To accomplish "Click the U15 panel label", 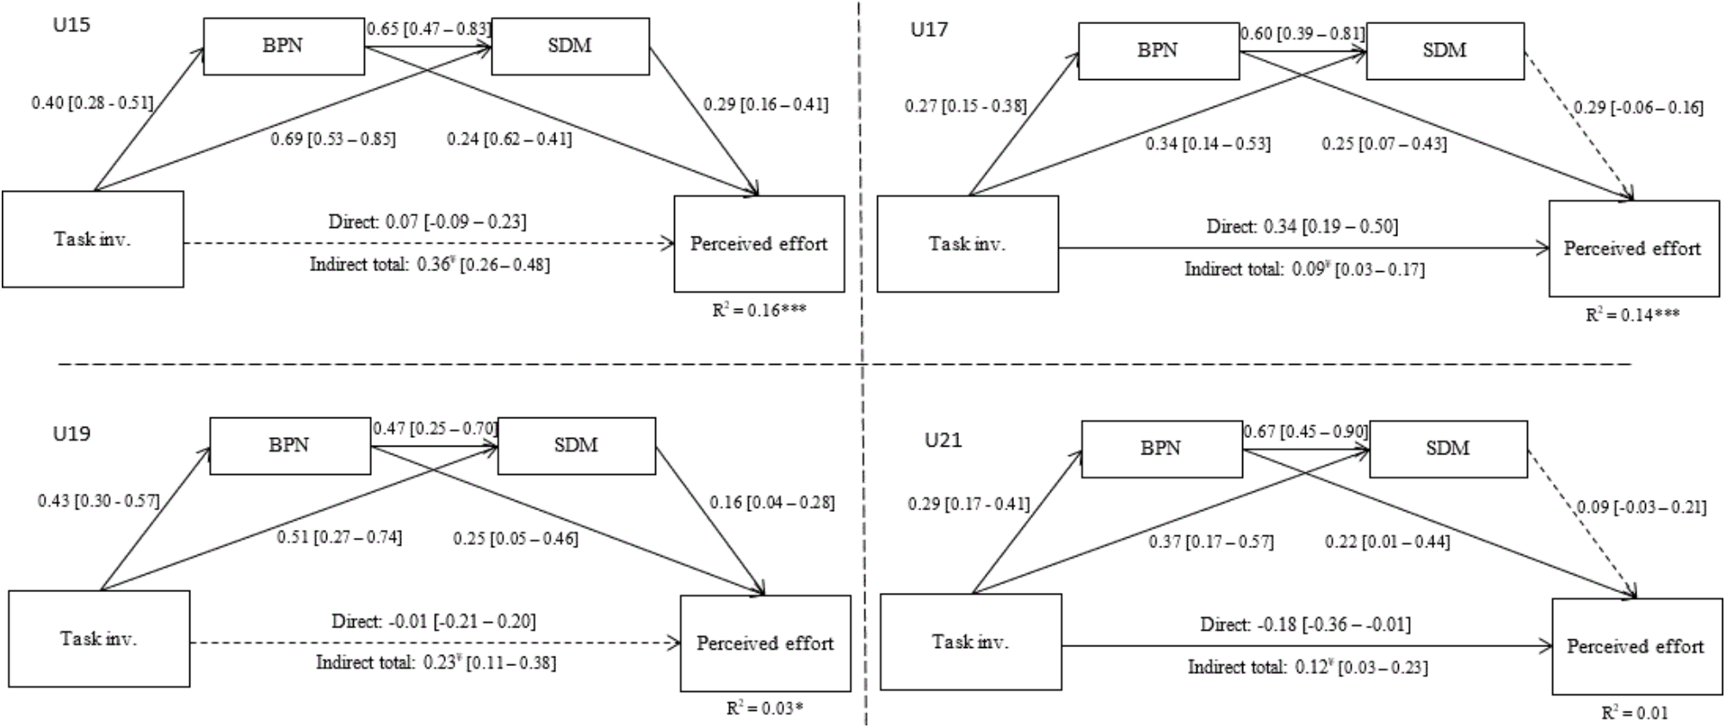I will pos(71,25).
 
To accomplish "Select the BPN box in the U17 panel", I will pos(1158,51).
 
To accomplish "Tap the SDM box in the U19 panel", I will pos(576,446).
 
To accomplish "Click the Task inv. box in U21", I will pos(970,642).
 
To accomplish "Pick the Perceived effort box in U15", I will pos(758,244).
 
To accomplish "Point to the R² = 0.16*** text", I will pos(758,310).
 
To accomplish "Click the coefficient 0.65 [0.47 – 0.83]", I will pos(429,29).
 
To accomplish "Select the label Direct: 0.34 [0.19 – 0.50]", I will pos(1302,227).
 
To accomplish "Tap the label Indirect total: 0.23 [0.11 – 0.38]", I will pos(436,663).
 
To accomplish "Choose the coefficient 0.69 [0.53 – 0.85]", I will pos(333,139).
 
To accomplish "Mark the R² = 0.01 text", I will pos(1634,713).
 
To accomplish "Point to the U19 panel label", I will pos(71,434).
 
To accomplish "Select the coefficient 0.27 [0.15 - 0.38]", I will pos(965,106).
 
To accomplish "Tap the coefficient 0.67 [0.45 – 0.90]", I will pos(1305,431).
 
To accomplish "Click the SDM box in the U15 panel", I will pos(570,46).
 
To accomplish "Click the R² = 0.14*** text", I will pos(1632,315).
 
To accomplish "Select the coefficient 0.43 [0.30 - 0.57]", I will pos(98,501).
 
